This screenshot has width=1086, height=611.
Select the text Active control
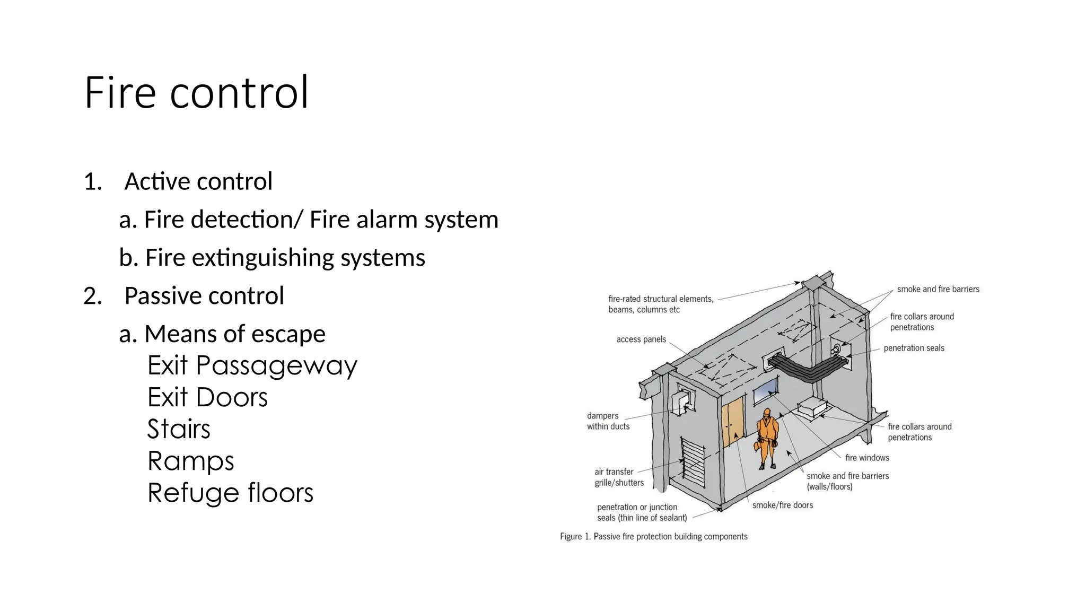pos(198,181)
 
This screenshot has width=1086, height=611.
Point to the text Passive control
pos(204,296)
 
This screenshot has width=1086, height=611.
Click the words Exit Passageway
pos(252,365)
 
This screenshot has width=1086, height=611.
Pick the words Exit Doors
pos(207,397)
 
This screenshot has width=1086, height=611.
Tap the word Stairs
pos(179,429)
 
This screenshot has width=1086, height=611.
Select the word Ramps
pos(191,461)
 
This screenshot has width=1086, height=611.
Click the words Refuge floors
pos(230,493)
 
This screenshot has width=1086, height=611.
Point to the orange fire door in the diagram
pos(732,423)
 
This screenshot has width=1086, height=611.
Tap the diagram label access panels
pos(641,339)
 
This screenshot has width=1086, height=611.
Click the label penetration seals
pos(914,348)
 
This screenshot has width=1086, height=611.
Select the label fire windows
pos(867,458)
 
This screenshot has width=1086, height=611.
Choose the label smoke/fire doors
pos(782,505)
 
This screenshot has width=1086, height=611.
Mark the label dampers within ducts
pos(608,421)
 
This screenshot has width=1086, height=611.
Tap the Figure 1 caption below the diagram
pos(653,537)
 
